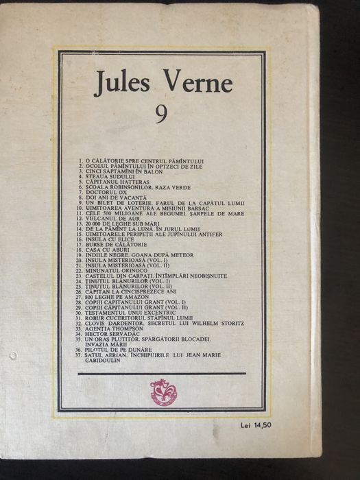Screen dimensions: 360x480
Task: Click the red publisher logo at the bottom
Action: click(x=163, y=392)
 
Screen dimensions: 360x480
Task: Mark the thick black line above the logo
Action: click(x=162, y=374)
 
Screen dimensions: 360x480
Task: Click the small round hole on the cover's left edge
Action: click(x=13, y=356)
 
